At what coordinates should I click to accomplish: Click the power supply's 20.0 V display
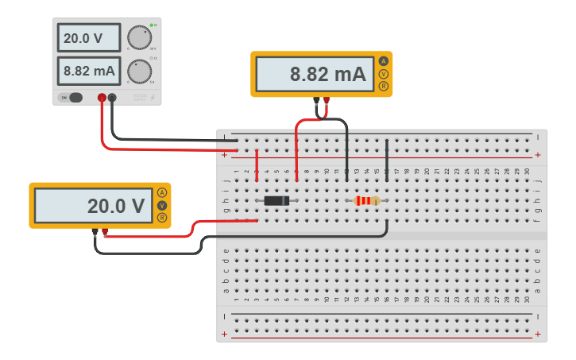[x=88, y=38]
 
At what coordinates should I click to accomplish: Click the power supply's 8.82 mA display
[x=88, y=71]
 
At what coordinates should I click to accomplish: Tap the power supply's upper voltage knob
[x=140, y=38]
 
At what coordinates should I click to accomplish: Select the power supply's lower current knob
[x=140, y=72]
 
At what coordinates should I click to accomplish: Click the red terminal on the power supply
[x=102, y=98]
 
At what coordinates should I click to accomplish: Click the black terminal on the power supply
[x=112, y=98]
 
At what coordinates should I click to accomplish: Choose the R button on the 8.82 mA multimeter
[x=384, y=87]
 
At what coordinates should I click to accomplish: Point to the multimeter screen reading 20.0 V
[x=93, y=206]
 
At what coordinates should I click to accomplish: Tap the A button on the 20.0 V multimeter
[x=162, y=192]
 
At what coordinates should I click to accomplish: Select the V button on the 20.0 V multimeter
[x=162, y=205]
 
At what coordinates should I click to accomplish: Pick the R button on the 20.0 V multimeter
[x=162, y=218]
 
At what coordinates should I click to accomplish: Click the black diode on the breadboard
[x=276, y=201]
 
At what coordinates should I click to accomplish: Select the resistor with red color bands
[x=366, y=201]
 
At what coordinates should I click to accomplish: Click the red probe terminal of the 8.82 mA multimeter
[x=326, y=100]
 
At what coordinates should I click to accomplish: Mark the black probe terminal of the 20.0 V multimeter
[x=95, y=232]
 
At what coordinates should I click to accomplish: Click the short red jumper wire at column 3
[x=257, y=165]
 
